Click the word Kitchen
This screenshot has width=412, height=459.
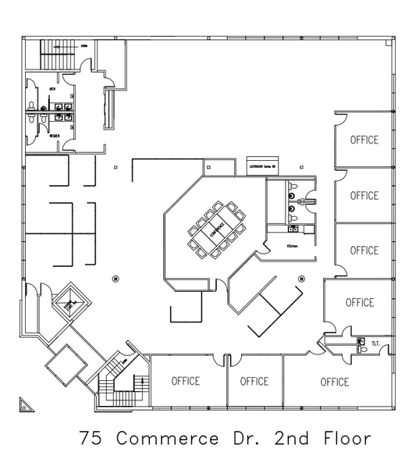coord(293,246)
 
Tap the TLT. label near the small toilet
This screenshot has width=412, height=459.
coord(375,342)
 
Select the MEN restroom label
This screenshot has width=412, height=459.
coord(52,89)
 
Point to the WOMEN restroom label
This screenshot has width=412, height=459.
coord(55,137)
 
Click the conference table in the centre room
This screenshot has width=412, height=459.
coord(215,229)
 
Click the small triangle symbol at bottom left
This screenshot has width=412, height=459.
coord(27,404)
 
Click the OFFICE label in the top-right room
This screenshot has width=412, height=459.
coord(364,141)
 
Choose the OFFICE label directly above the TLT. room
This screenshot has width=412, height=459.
coord(359,303)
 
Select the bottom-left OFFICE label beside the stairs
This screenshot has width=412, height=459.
coord(185,382)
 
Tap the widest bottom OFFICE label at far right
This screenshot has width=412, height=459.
coord(334,382)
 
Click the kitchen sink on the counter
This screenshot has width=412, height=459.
coord(294,229)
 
